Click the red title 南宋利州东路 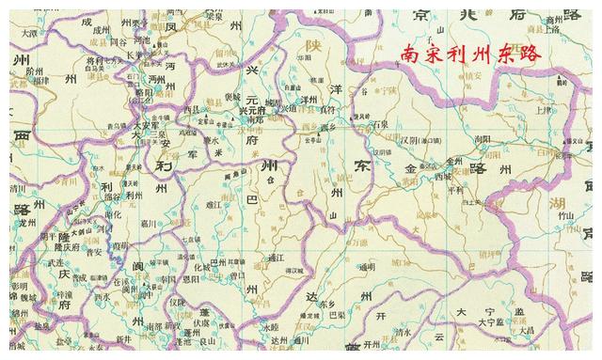click(x=470, y=55)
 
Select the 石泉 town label click(x=382, y=123)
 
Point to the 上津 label click(x=543, y=109)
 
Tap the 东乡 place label click(x=326, y=304)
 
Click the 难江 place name click(x=213, y=203)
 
